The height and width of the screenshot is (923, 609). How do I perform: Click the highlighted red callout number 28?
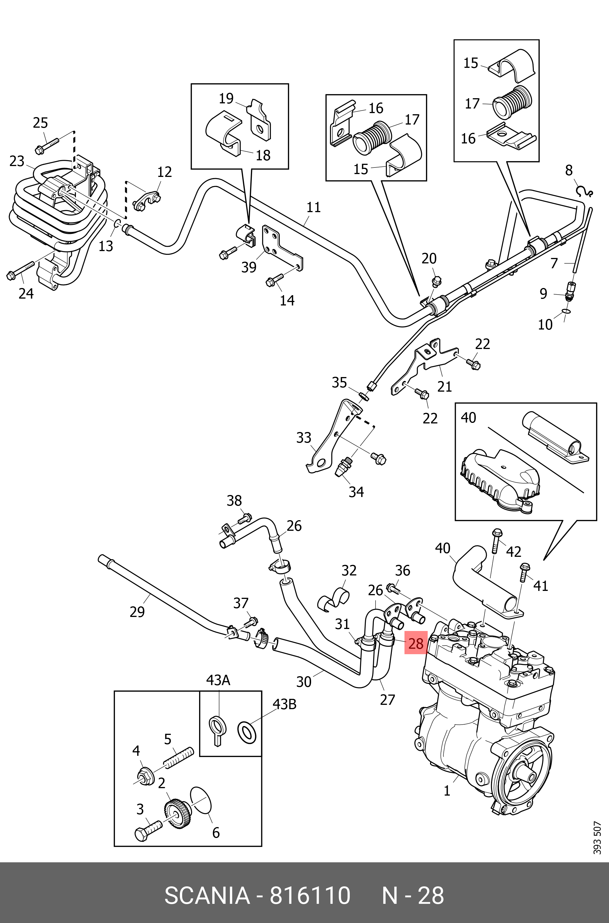[416, 644]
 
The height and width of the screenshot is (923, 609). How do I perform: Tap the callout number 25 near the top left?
[40, 123]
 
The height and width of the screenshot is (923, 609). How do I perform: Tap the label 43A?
[218, 680]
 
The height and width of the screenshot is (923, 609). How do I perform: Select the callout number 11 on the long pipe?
[313, 207]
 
